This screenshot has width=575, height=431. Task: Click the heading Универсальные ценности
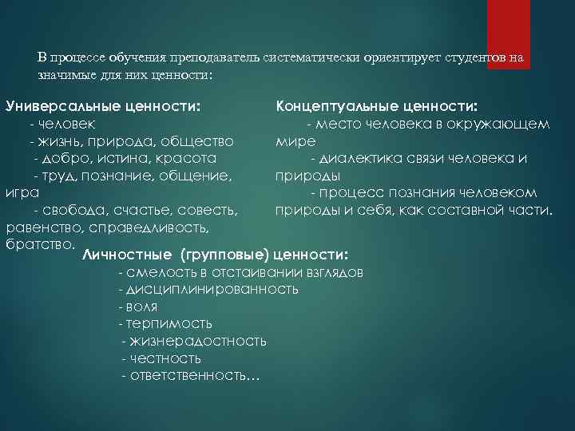tap(102, 106)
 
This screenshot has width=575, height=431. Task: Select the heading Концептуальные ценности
tap(377, 106)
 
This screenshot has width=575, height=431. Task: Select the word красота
tap(184, 158)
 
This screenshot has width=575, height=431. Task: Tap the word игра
tap(18, 192)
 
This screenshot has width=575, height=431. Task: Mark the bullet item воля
tap(141, 306)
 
